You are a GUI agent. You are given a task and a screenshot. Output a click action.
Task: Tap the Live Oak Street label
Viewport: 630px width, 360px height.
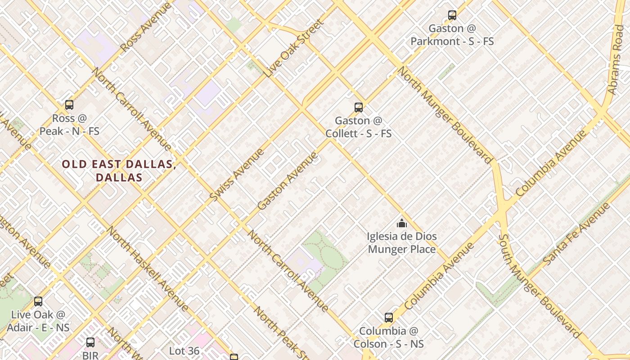[x=295, y=48]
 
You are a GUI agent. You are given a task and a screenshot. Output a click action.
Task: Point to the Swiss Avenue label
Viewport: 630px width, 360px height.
[x=237, y=175]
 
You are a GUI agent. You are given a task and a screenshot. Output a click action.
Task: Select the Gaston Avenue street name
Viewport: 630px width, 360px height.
[x=288, y=181]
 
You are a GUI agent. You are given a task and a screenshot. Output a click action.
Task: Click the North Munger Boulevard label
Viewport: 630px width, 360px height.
[x=445, y=115]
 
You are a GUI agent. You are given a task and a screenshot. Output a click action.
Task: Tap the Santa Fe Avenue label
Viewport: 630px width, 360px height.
[x=576, y=234]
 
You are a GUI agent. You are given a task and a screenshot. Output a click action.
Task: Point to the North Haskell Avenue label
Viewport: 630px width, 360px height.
[x=147, y=269]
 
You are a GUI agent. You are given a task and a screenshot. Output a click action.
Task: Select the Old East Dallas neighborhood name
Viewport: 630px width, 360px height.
[x=119, y=171]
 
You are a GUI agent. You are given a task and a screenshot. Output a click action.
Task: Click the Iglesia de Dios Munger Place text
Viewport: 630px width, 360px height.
[x=402, y=243]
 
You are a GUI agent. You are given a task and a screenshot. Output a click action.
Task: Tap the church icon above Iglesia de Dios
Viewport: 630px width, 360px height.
[x=402, y=223]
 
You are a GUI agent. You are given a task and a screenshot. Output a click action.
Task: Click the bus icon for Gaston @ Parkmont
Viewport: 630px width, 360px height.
[x=452, y=15]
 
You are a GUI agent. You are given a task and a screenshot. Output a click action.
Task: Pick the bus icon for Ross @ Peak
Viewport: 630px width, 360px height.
[x=69, y=105]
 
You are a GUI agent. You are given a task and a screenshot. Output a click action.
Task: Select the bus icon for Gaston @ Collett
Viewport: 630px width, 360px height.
[x=359, y=108]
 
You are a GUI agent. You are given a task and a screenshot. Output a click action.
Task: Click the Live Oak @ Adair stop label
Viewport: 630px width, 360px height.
[x=40, y=321]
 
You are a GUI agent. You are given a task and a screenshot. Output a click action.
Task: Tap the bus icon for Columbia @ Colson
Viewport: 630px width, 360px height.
[x=389, y=318]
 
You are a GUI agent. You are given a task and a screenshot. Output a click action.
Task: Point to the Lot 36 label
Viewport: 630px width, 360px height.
[x=184, y=350]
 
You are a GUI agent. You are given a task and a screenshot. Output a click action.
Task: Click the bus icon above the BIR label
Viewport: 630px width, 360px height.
[x=90, y=342]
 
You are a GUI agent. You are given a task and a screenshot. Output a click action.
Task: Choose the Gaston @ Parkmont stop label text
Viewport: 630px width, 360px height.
[x=452, y=35]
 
